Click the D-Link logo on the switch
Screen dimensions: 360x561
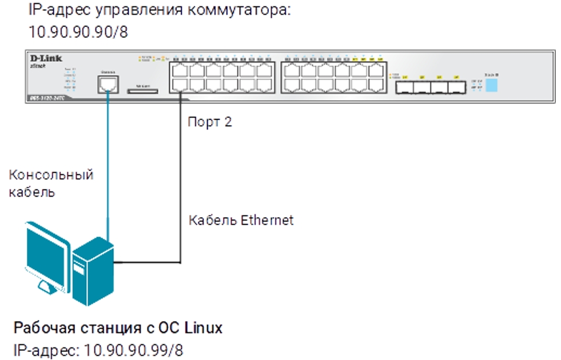click(x=46, y=58)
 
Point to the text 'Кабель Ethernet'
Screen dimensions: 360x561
click(x=241, y=220)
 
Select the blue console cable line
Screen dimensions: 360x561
click(x=107, y=171)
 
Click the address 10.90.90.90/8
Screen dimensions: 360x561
click(x=78, y=33)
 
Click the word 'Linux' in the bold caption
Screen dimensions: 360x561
click(x=203, y=329)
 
